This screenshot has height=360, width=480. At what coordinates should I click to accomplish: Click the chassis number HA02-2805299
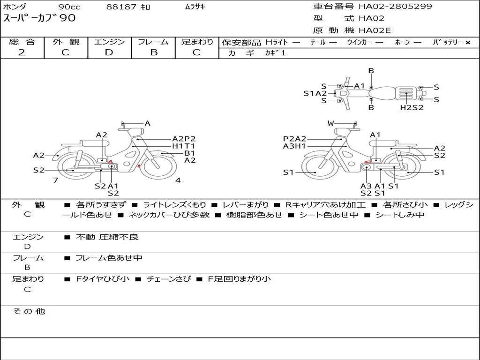click(395, 7)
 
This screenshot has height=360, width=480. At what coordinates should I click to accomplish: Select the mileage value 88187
click(121, 7)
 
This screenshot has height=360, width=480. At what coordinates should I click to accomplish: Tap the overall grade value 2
click(22, 52)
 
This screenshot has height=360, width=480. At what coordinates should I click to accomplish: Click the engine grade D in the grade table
click(109, 52)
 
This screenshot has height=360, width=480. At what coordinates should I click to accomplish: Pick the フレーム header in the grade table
click(153, 42)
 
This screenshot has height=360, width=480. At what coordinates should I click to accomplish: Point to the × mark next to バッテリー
click(468, 43)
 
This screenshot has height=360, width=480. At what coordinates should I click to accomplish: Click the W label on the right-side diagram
click(330, 123)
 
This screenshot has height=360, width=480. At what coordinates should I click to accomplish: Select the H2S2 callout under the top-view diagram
click(412, 107)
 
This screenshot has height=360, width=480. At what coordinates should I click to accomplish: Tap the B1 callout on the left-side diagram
click(189, 153)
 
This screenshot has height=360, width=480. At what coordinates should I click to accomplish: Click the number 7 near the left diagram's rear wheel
click(55, 180)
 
